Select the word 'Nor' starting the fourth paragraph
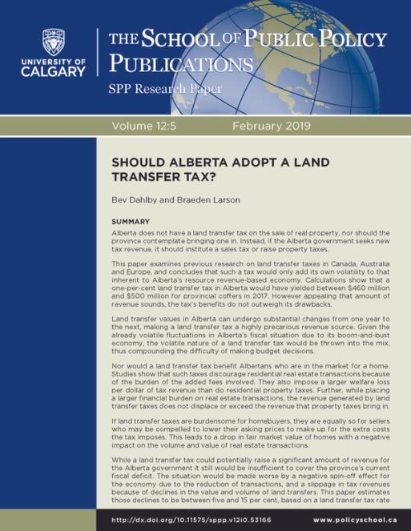pyautogui.click(x=118, y=374)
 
